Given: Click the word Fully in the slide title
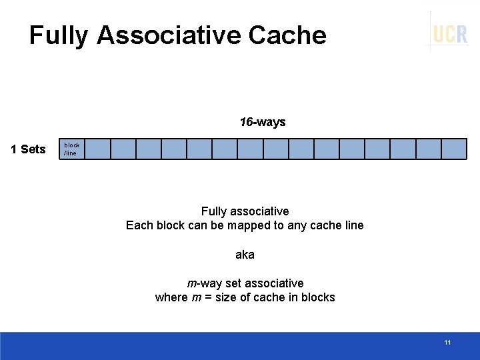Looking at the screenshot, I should (58, 35).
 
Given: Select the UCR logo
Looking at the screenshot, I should (450, 33).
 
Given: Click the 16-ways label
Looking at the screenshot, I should (263, 122).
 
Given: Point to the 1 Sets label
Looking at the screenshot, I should (28, 149).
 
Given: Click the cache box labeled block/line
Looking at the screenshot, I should (73, 149).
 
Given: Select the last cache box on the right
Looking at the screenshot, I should (454, 149).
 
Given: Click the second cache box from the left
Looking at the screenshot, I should (98, 149).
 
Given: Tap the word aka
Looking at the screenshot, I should (245, 255).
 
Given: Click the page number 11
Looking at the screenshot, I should (447, 343).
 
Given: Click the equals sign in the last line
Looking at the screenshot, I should (208, 297).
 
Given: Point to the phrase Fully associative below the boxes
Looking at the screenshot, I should (245, 211).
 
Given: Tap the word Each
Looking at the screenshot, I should (139, 225).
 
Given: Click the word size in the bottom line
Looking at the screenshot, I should (226, 297).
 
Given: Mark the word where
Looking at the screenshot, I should (171, 297).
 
